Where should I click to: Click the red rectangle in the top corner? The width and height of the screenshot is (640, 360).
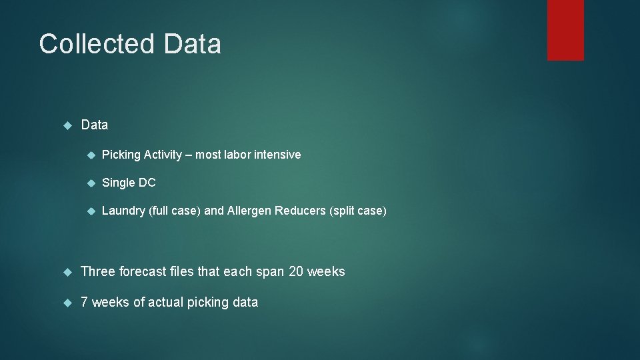tap(565, 30)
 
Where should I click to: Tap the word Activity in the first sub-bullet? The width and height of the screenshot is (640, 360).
tap(162, 155)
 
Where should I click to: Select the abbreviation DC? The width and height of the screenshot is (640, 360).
tap(147, 183)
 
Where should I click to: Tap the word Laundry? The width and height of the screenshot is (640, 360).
tap(123, 211)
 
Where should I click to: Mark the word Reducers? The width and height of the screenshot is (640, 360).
tap(301, 211)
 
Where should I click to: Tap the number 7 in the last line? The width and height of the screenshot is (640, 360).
tap(84, 302)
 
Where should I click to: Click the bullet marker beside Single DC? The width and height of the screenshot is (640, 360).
tap(91, 183)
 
